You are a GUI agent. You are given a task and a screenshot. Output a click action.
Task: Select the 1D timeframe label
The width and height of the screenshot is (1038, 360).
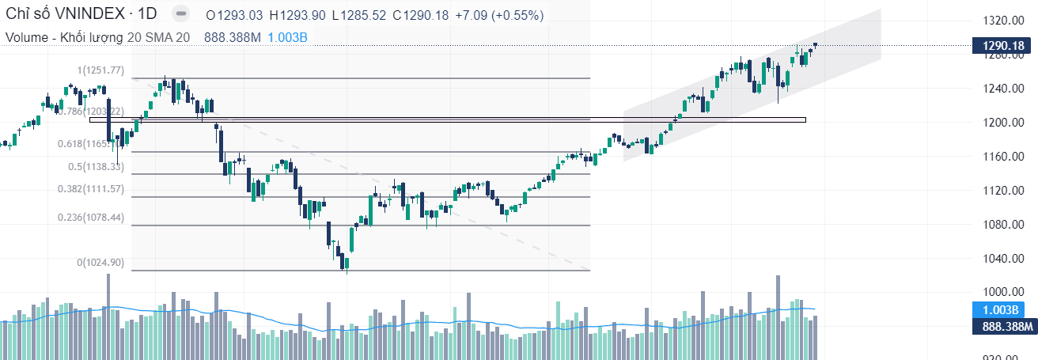[146, 14]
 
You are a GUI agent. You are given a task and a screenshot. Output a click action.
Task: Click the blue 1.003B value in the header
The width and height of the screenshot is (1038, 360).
[288, 37]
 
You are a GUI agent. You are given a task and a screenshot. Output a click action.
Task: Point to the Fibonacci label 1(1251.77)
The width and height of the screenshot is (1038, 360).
[100, 70]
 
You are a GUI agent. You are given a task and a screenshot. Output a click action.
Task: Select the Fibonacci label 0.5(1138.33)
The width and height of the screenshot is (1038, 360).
[96, 167]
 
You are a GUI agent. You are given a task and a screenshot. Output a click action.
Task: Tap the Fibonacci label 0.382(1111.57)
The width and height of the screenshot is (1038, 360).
[90, 189]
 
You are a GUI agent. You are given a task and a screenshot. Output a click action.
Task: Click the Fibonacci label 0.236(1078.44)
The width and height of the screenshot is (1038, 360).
[90, 218]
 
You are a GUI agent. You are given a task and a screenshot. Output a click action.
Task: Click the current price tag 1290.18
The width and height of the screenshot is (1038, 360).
[1003, 46]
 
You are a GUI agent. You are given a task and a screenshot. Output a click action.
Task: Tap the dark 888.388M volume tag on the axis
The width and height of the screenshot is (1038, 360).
[1003, 326]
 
